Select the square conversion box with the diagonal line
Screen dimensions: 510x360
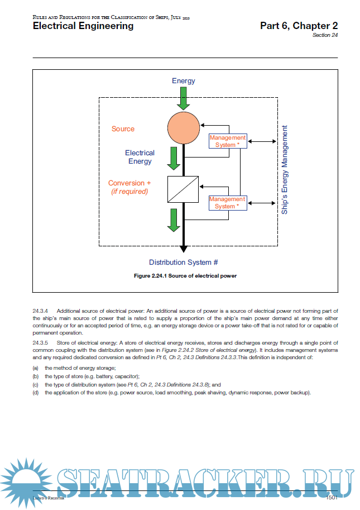(x=183, y=189)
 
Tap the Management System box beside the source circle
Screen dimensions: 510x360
(x=227, y=141)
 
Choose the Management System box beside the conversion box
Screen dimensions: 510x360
(x=227, y=202)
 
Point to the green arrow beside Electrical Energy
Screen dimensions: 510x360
(x=174, y=158)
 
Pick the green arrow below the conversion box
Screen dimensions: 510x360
(x=174, y=220)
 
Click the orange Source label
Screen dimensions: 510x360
(x=123, y=129)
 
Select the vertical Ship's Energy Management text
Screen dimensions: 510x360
(x=285, y=170)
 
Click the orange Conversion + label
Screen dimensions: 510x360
(x=129, y=183)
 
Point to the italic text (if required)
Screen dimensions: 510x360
(x=129, y=192)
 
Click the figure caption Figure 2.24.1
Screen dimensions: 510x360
(x=185, y=276)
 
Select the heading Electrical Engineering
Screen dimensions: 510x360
(x=83, y=26)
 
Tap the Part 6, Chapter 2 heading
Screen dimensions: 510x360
(x=299, y=26)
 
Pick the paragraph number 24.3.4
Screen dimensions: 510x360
(x=41, y=310)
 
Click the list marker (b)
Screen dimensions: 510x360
(x=36, y=376)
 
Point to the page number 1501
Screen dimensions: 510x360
(x=332, y=497)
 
